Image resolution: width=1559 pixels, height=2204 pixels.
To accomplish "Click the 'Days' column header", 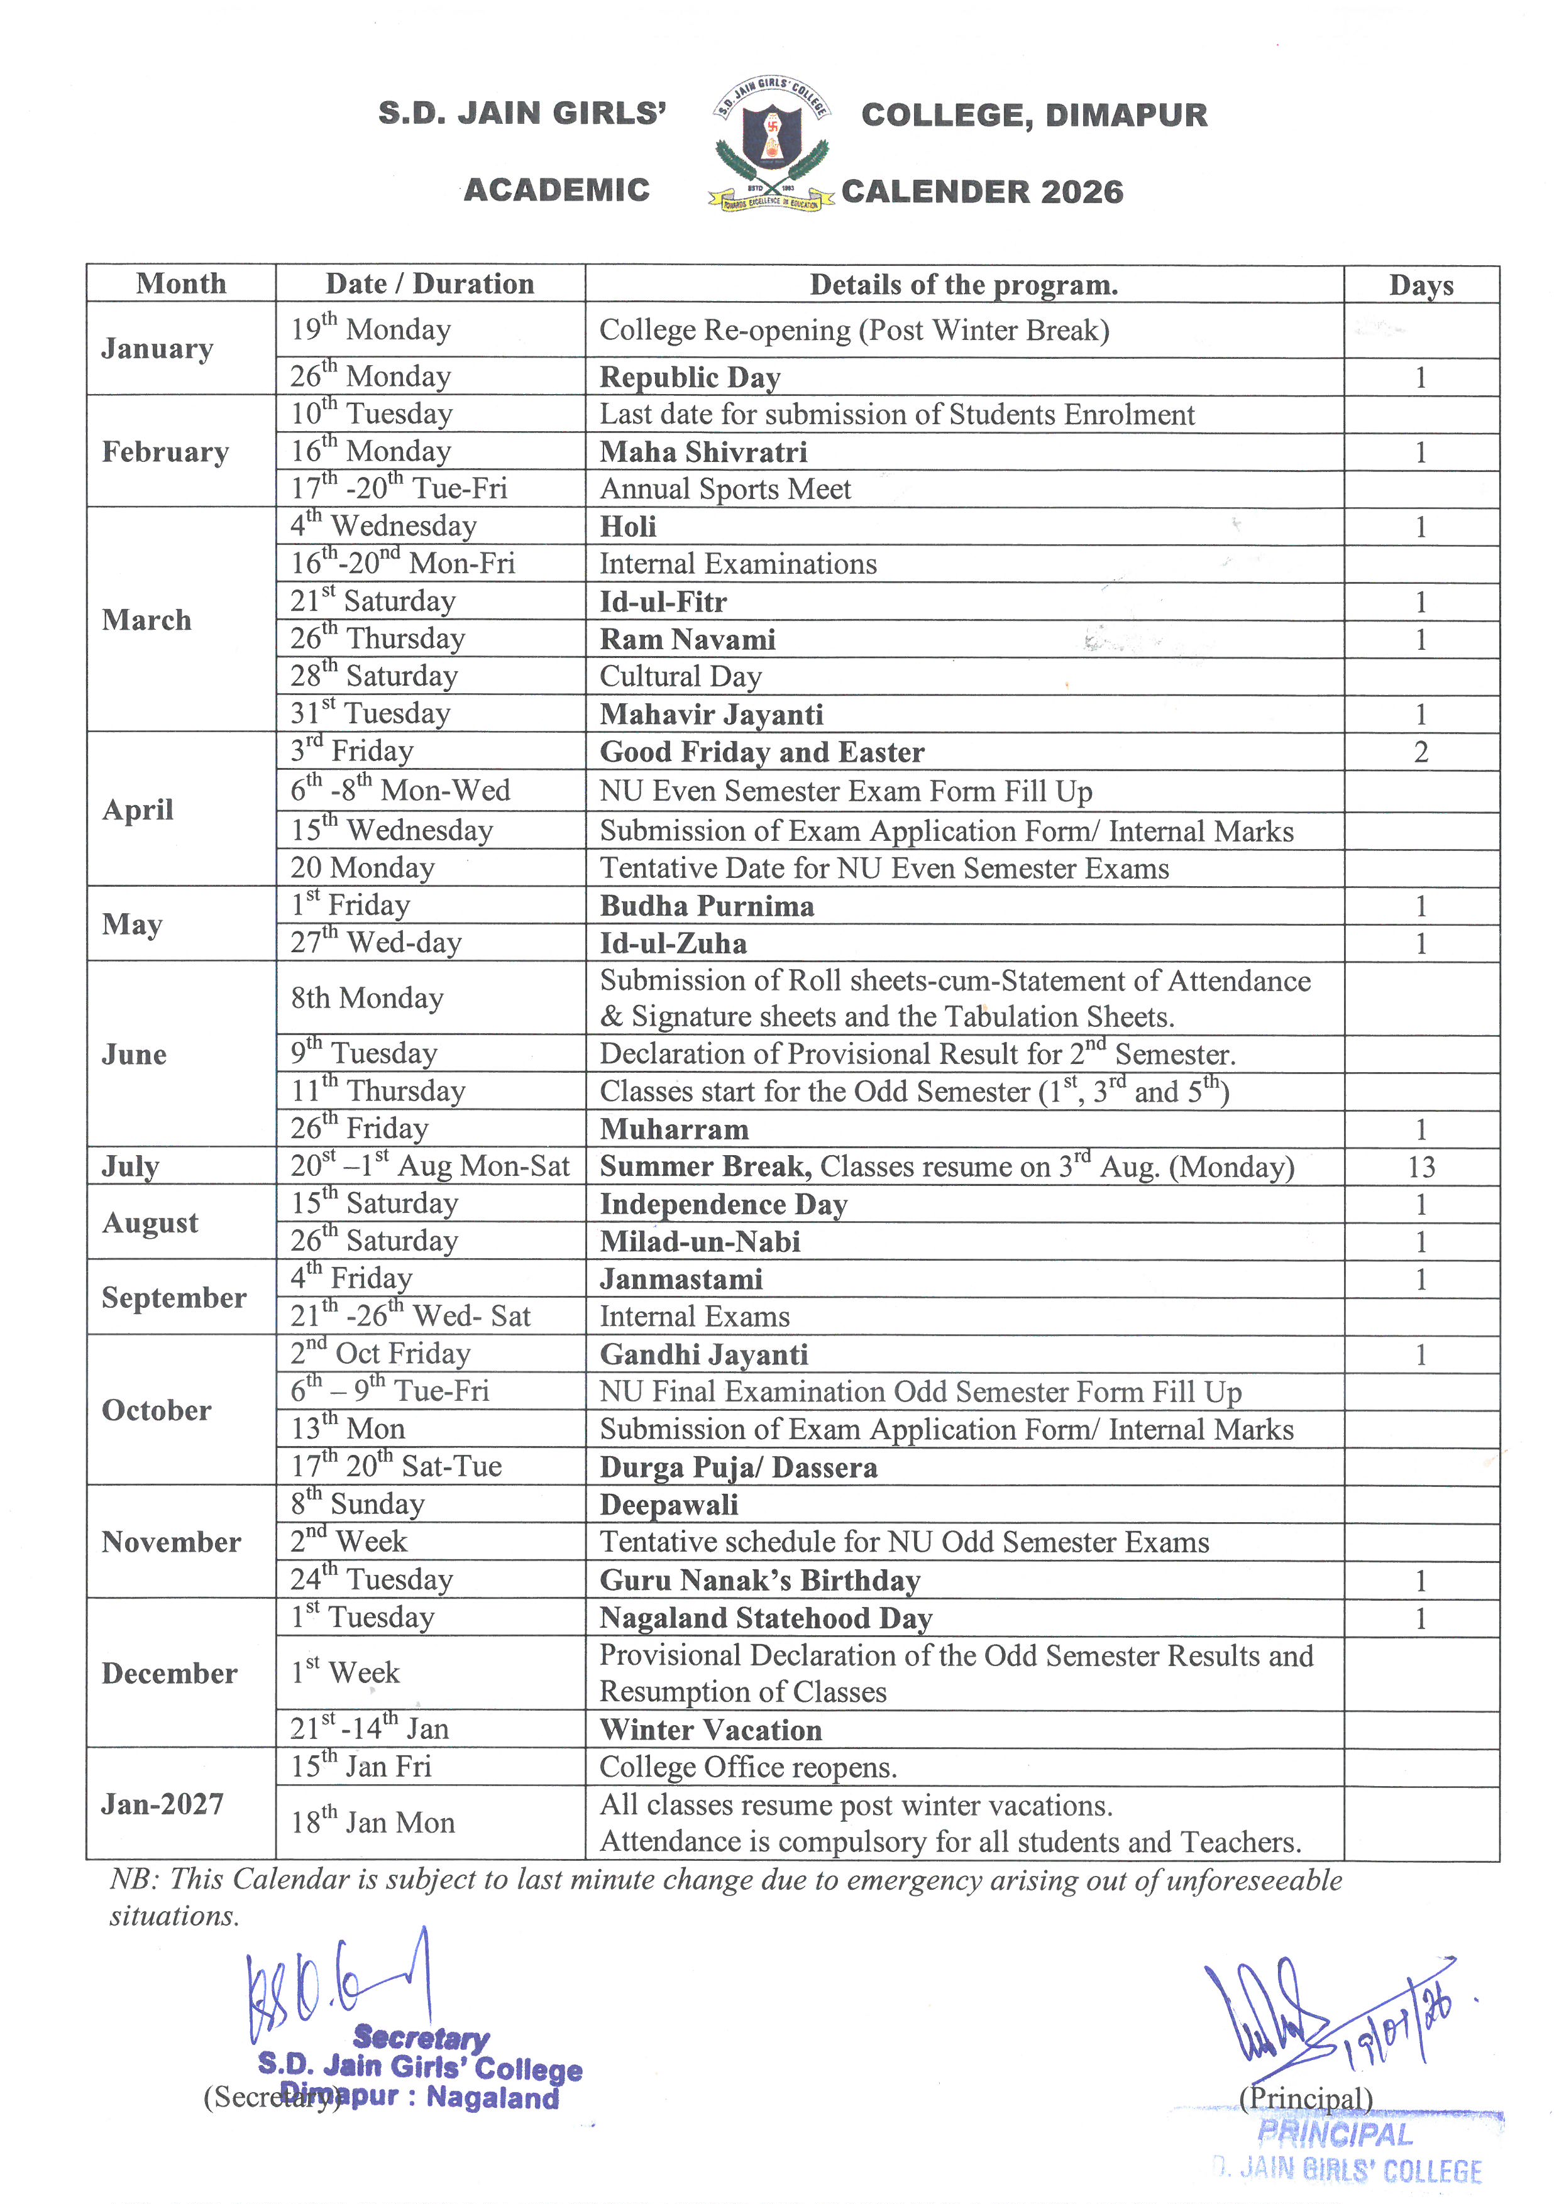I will [1421, 285].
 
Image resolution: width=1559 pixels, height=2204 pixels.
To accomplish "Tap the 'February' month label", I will [165, 451].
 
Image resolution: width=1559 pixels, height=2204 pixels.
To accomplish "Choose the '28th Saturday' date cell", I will [375, 676].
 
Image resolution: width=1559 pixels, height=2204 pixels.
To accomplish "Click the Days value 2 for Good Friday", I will [1421, 752].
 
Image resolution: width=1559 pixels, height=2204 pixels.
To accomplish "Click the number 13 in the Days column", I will [1421, 1167].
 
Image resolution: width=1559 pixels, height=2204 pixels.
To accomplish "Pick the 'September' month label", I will [174, 1298].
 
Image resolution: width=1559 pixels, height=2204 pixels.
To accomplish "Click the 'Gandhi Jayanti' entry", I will [703, 1354].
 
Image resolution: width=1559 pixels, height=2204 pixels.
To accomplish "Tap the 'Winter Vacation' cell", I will [710, 1730].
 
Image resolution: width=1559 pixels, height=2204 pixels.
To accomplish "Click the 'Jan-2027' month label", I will [162, 1804].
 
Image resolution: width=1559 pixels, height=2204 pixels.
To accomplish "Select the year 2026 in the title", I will [1080, 192].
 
